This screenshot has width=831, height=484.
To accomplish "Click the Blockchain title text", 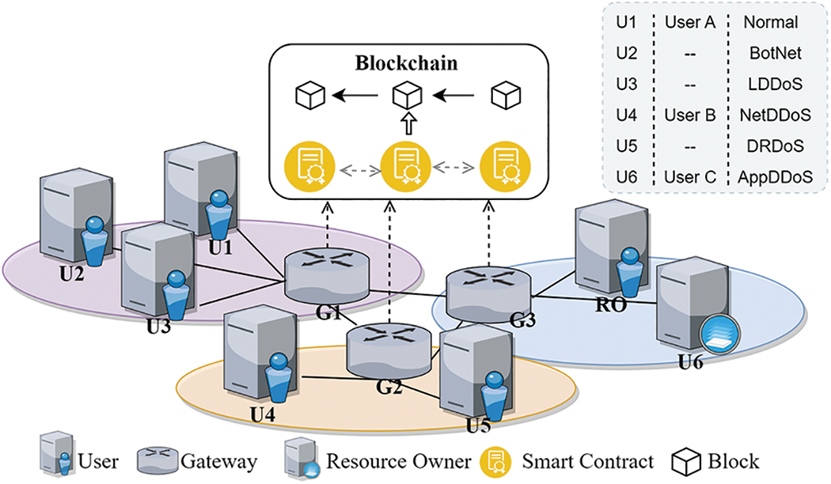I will click(406, 63).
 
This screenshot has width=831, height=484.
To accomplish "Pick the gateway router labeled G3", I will click(486, 291).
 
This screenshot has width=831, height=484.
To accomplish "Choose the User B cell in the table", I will click(689, 115).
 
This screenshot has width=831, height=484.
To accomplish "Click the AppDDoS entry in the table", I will click(778, 178).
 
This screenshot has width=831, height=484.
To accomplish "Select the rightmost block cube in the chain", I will click(506, 97).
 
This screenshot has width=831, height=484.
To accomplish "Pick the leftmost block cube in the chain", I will click(310, 97).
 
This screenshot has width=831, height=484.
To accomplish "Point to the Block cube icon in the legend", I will click(687, 461).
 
